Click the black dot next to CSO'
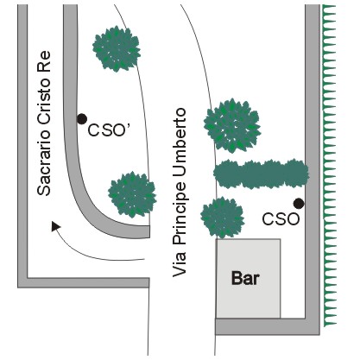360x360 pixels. point(82,119)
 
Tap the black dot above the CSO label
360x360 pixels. point(299,204)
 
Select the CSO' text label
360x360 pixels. point(110,130)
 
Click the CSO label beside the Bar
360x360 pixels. point(281,219)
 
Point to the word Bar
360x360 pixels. point(245,278)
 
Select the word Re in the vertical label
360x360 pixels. point(44,61)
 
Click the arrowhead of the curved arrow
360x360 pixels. point(55,226)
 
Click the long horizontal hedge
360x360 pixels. point(262,174)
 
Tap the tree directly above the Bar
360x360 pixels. point(222,218)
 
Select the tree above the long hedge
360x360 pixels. point(232,125)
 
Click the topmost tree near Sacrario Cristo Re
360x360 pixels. point(117,48)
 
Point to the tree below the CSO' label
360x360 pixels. point(132,194)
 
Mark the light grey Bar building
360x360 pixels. point(249,279)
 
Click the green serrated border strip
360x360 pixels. point(330,166)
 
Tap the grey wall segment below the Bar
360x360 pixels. point(268,326)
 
